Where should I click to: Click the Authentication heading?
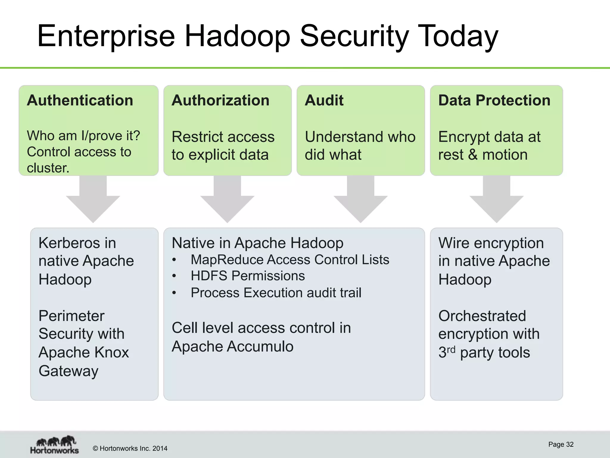click(x=80, y=100)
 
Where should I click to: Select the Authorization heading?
click(x=220, y=100)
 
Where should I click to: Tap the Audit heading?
click(x=324, y=100)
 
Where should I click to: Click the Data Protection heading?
click(x=494, y=100)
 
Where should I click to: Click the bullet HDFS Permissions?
click(x=248, y=276)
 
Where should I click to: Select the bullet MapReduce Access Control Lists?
click(x=290, y=260)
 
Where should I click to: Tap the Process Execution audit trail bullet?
click(x=276, y=293)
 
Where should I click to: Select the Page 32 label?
click(x=561, y=445)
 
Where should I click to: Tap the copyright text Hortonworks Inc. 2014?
click(x=130, y=448)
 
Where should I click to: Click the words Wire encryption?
click(x=491, y=243)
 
